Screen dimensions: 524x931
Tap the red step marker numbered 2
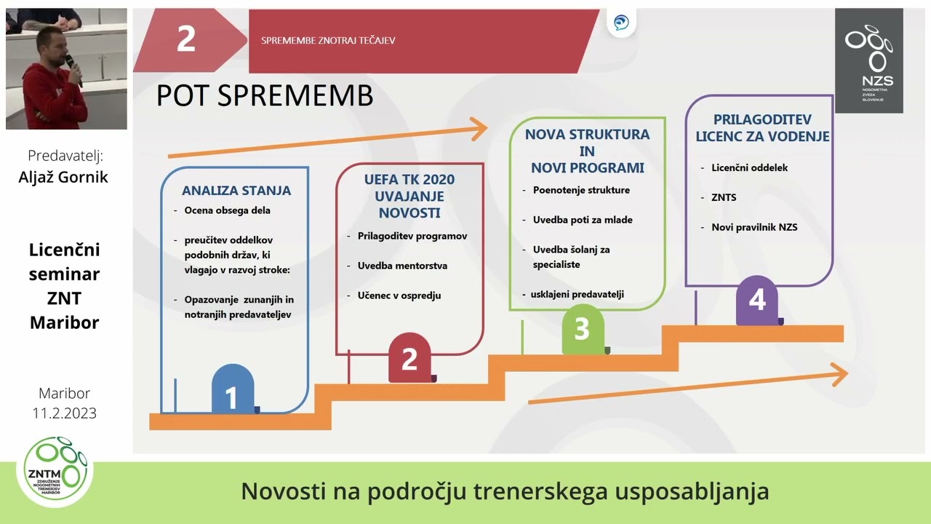409,359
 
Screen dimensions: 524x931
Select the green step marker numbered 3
582,329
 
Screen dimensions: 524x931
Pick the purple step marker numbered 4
757,300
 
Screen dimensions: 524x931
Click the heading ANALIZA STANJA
236,191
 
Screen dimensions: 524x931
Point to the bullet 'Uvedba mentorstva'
402,266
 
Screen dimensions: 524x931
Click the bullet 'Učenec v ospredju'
399,295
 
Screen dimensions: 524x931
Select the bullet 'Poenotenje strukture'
581,190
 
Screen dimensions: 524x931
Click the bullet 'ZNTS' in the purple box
724,197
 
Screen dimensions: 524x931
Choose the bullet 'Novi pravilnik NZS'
754,227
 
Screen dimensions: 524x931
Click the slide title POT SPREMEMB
265,96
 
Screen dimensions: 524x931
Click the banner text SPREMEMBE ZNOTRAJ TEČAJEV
328,41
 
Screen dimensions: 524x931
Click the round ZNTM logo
55,472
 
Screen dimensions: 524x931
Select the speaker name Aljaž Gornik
63,177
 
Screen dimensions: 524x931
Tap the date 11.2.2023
64,413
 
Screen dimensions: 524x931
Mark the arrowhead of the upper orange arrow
479,130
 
